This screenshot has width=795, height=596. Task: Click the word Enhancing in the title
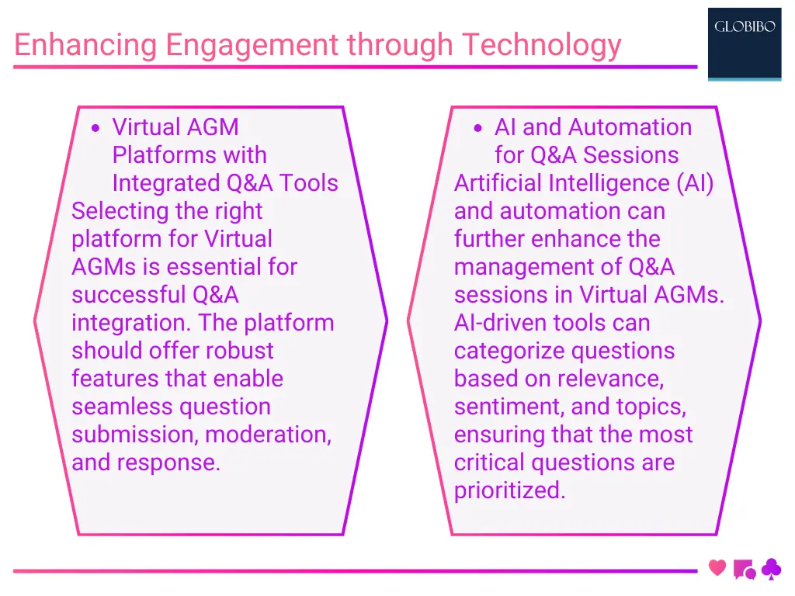tap(85, 45)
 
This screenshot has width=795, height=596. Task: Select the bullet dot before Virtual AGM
tap(95, 129)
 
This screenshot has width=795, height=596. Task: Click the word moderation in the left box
tap(268, 435)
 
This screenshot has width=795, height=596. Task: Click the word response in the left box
tap(172, 463)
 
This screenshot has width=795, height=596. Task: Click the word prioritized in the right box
tap(509, 490)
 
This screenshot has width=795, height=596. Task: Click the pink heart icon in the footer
tap(717, 568)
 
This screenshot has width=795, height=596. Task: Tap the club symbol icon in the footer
tap(771, 570)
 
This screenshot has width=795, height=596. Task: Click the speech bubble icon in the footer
tap(743, 570)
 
